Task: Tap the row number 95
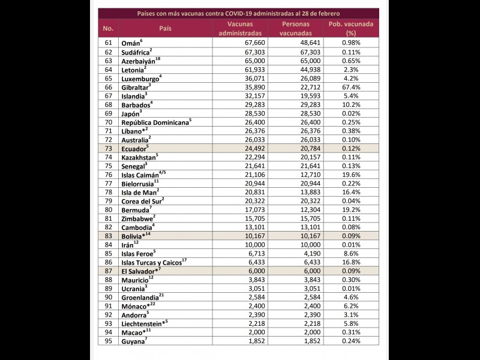point(109,341)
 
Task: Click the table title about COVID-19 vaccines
point(239,13)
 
